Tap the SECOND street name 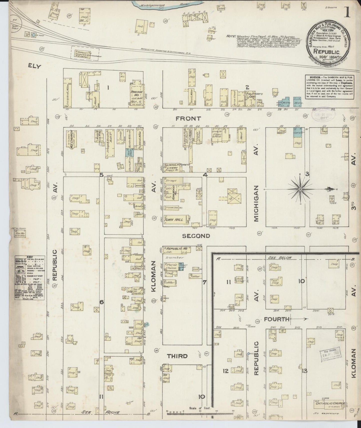[x=196, y=236]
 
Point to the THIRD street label [x=177, y=356]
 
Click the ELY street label [x=34, y=66]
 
